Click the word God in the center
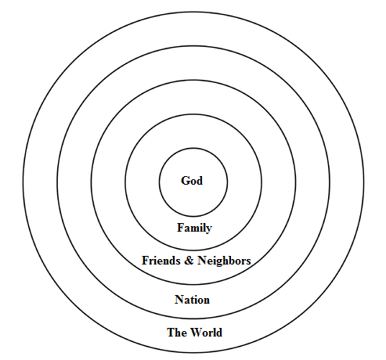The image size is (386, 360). [192, 181]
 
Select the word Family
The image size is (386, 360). [194, 228]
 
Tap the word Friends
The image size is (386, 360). [161, 261]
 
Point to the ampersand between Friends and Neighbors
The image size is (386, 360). [189, 261]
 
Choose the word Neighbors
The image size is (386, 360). [224, 261]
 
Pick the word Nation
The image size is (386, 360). [192, 300]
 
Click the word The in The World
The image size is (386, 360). [177, 333]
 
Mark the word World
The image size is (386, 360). [207, 333]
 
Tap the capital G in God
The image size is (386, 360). [185, 181]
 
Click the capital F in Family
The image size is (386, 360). [181, 228]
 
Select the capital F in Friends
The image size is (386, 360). [146, 261]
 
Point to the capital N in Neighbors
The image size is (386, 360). [202, 261]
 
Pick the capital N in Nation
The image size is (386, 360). [179, 300]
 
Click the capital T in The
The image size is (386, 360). [171, 333]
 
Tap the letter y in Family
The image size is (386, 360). [209, 230]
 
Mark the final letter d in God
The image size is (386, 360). [200, 181]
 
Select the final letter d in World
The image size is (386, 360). [219, 333]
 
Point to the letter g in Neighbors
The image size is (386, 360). [218, 263]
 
